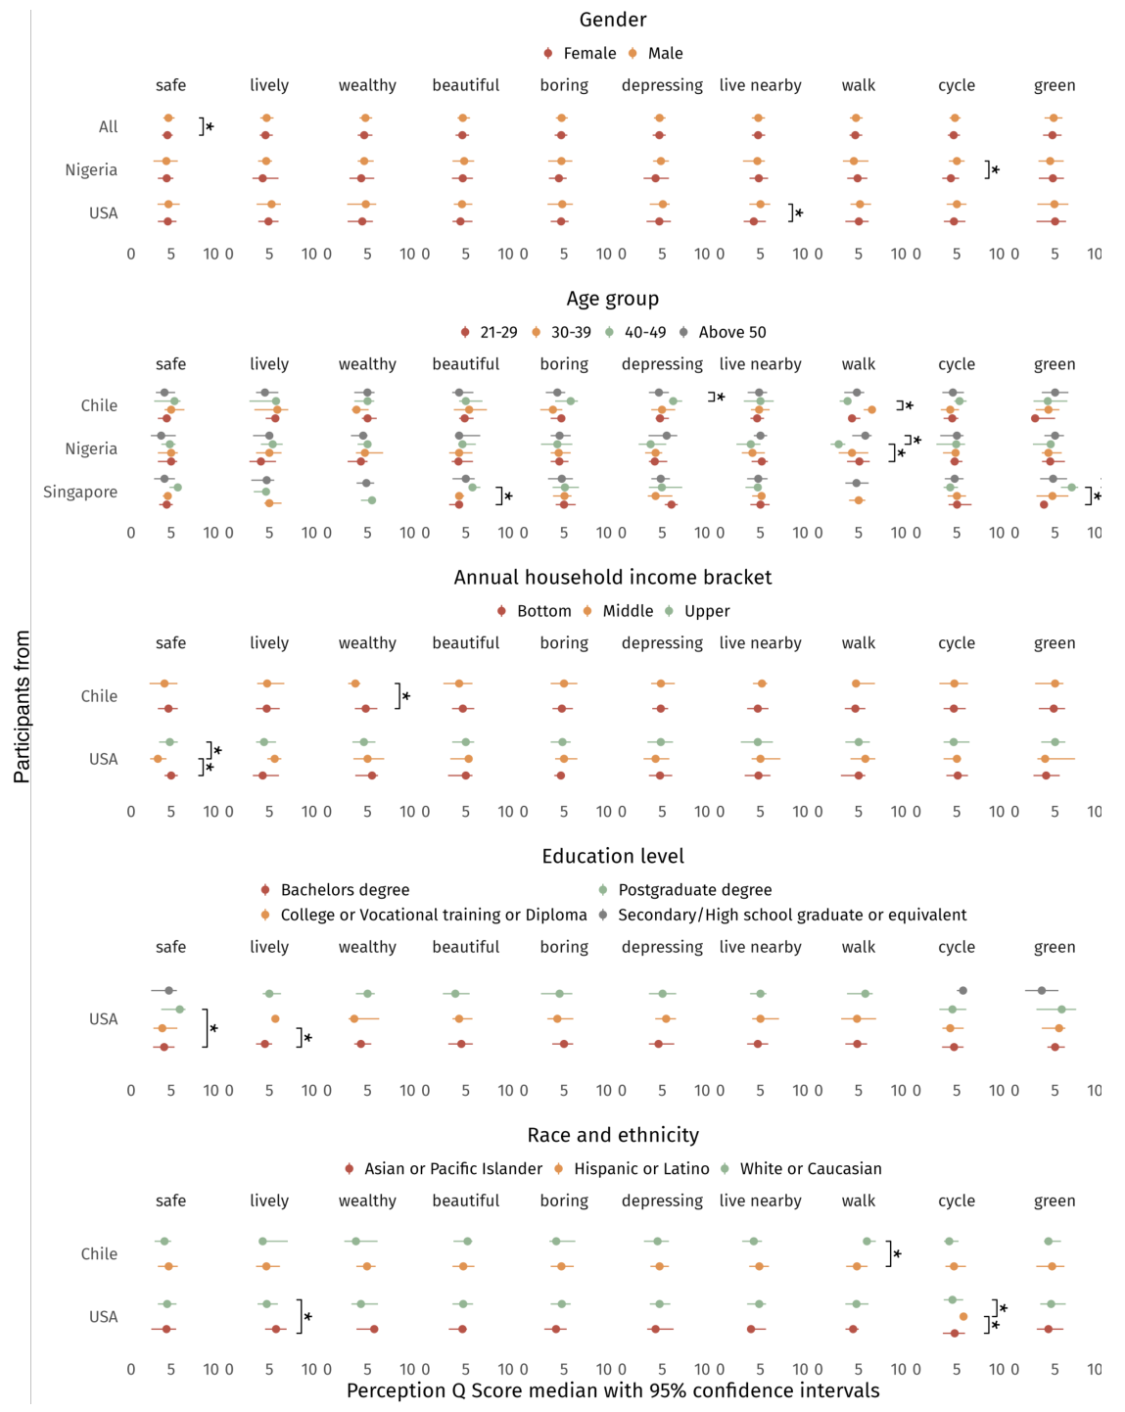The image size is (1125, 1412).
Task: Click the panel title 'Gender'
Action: click(612, 20)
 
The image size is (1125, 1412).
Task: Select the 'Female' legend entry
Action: click(588, 54)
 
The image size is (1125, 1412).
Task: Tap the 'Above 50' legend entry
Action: click(731, 333)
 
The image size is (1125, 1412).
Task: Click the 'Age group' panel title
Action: click(612, 299)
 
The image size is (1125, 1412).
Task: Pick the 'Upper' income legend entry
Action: click(706, 611)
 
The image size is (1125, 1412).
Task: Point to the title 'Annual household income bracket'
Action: click(612, 578)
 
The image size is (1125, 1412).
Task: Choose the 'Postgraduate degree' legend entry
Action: click(694, 890)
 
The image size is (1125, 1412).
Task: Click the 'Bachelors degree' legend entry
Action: click(345, 890)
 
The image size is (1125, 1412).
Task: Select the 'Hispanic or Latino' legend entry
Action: click(641, 1169)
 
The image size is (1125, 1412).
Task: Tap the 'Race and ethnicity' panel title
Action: click(612, 1135)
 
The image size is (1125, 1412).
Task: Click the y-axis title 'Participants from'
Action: click(22, 706)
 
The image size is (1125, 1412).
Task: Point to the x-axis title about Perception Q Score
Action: click(612, 1391)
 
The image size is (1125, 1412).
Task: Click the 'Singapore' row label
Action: click(80, 492)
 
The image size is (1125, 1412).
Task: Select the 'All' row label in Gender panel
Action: click(108, 126)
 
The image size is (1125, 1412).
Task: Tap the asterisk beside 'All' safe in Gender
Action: click(210, 127)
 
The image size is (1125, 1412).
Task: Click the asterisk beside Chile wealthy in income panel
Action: click(405, 697)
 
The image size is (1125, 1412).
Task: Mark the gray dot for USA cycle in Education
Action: click(962, 991)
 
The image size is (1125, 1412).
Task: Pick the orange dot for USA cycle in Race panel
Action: click(963, 1317)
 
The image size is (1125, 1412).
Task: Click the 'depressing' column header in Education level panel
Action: click(662, 947)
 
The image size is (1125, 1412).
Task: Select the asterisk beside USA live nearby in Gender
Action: click(799, 213)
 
